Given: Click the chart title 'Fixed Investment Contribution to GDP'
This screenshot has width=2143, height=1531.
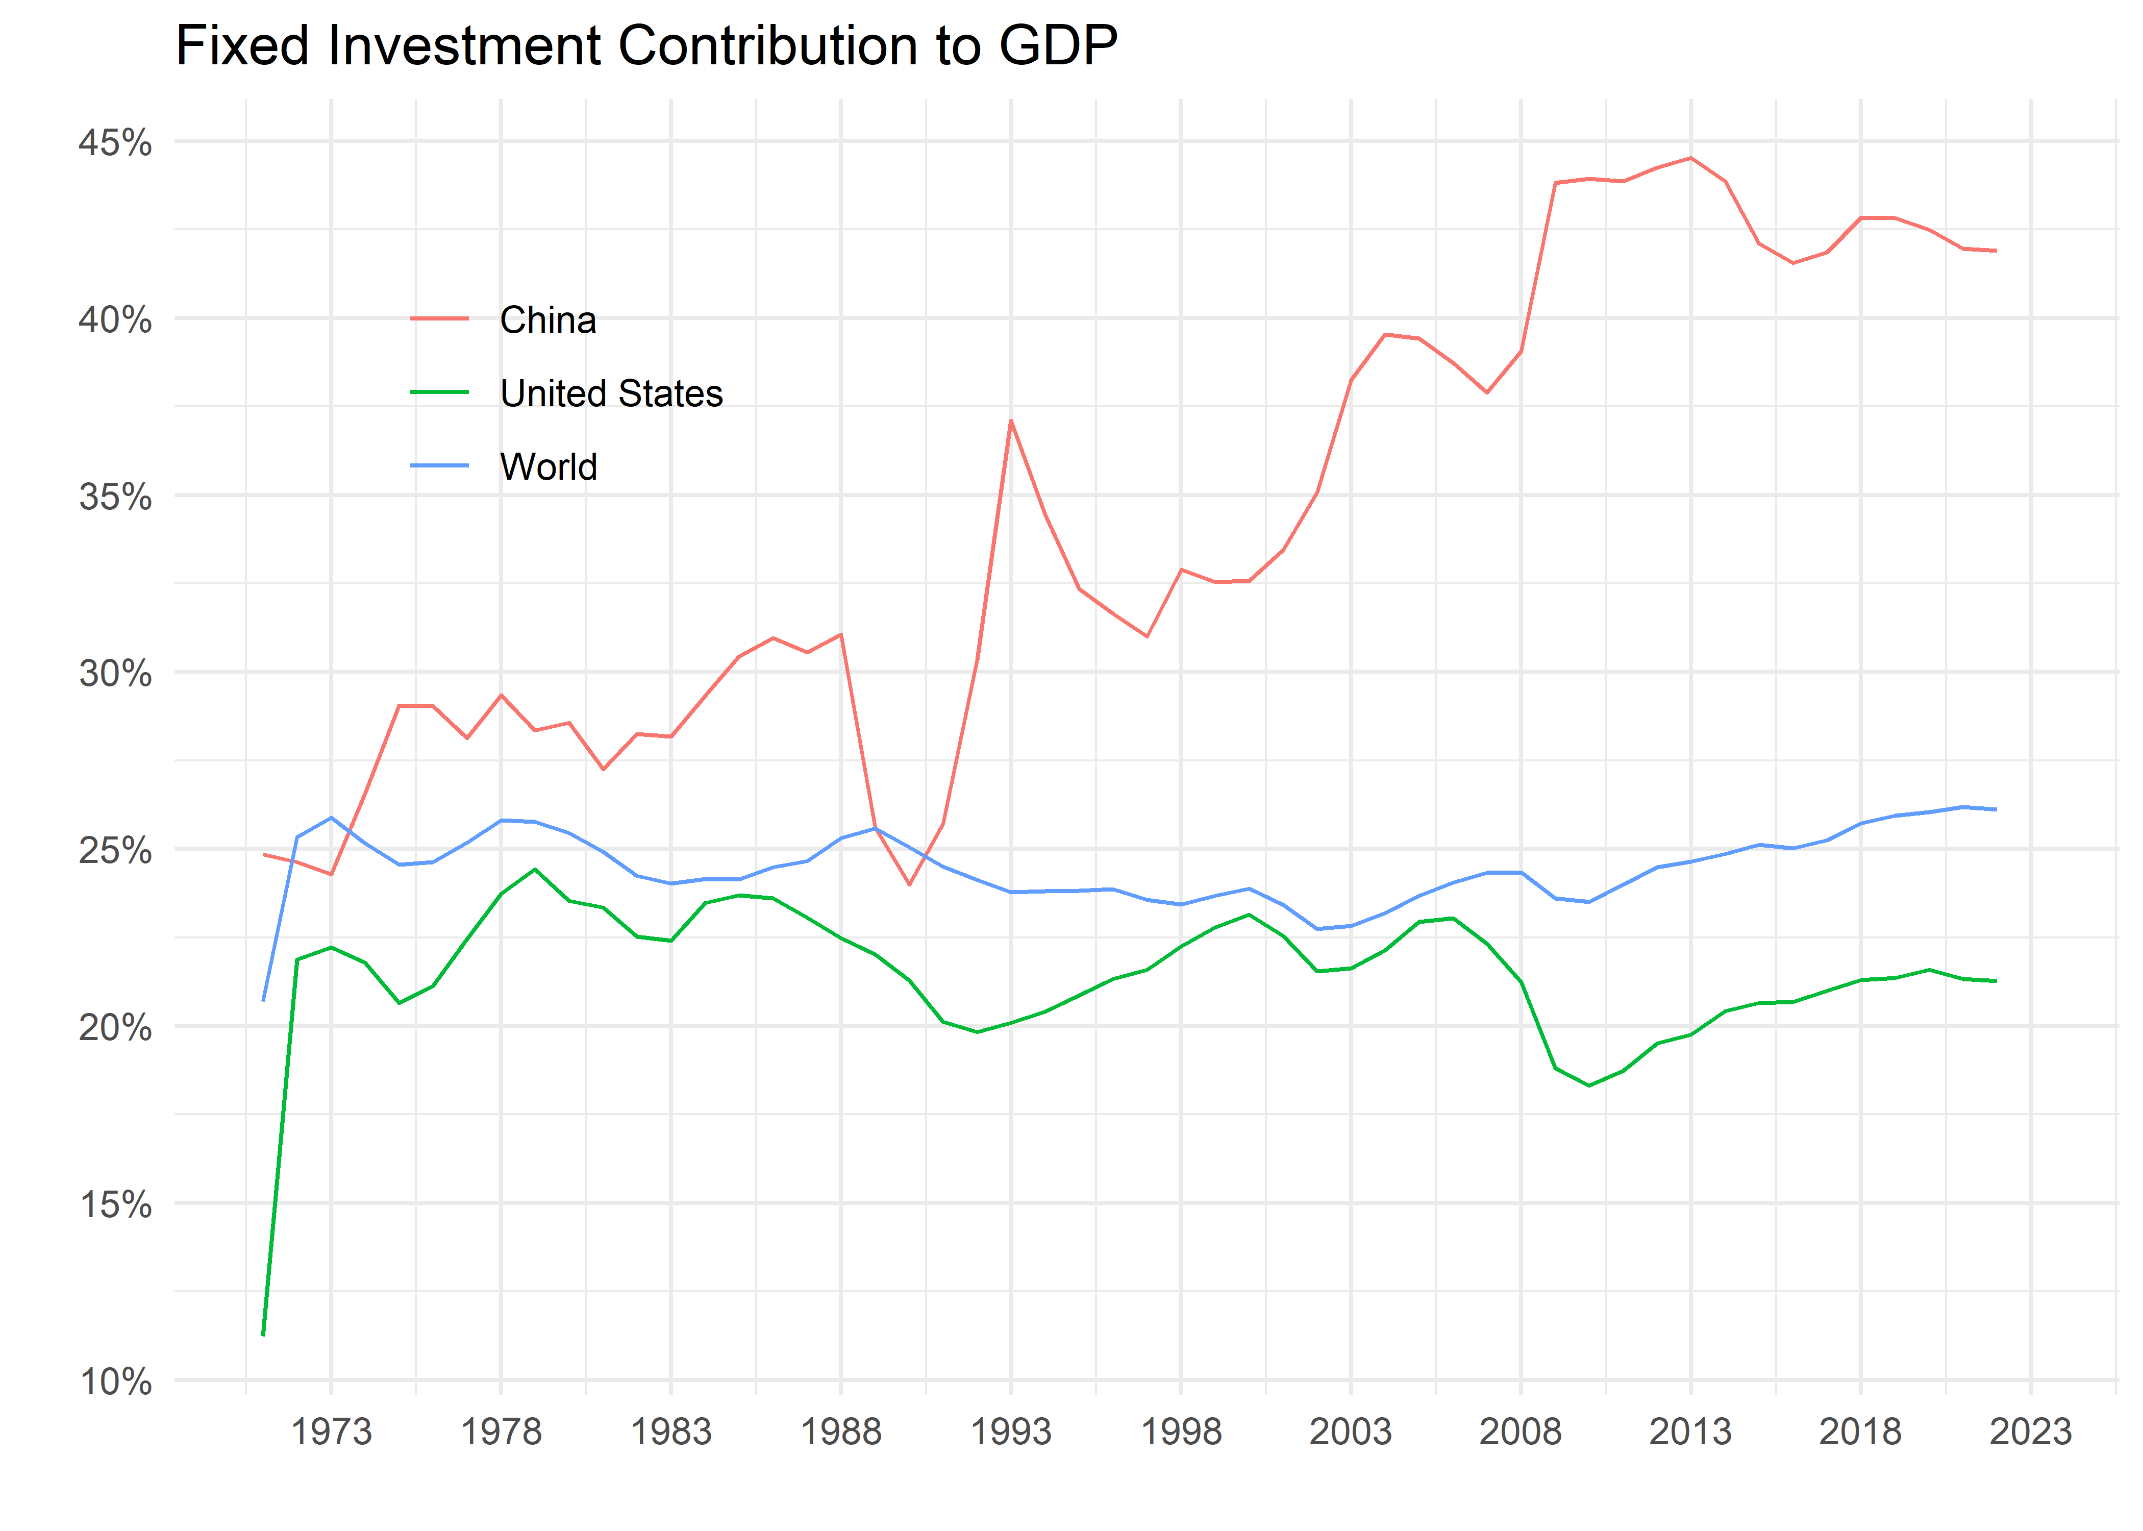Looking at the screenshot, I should click(646, 45).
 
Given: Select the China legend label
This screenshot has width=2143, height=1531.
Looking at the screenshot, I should click(547, 320).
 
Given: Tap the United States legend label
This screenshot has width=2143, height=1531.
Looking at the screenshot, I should click(611, 393).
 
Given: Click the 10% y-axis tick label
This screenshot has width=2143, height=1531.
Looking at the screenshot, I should click(115, 1382).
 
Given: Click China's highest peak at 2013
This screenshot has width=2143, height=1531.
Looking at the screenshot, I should click(1690, 158).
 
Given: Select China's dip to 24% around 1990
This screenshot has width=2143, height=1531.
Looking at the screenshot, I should click(909, 884).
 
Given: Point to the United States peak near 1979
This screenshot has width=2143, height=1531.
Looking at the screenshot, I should click(535, 869).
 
